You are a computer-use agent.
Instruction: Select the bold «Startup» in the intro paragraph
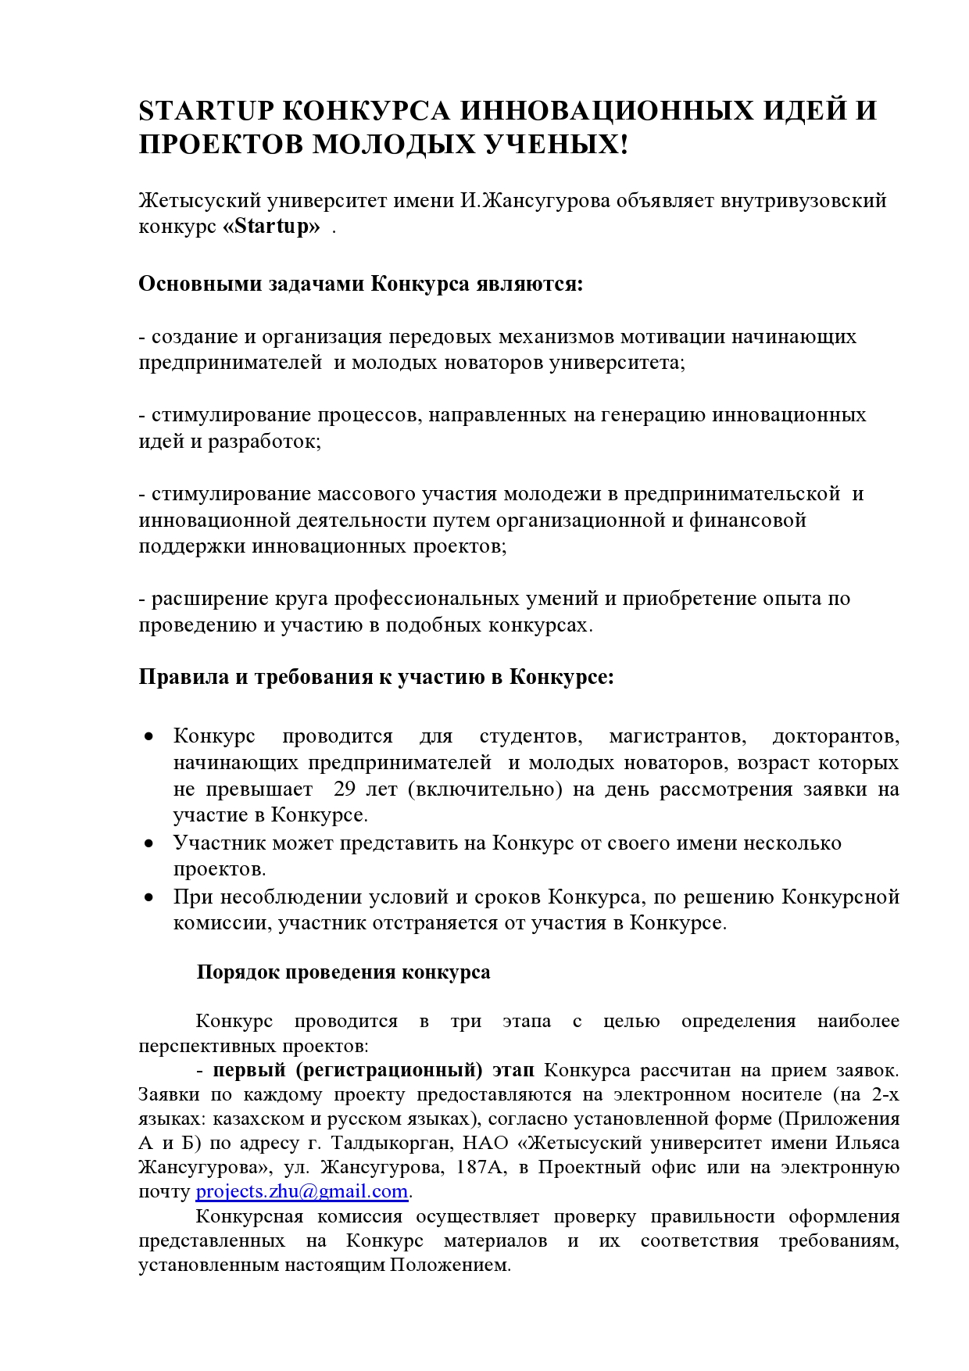(272, 227)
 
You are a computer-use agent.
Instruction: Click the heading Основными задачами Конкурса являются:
(361, 284)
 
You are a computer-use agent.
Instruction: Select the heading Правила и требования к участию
(376, 677)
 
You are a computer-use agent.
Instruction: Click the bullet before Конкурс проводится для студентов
(148, 736)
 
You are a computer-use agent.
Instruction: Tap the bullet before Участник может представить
(148, 843)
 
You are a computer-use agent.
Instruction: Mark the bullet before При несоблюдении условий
(148, 897)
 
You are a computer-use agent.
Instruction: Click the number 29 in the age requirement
(345, 789)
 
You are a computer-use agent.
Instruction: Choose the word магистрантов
(677, 736)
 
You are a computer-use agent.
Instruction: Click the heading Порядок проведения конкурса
(344, 972)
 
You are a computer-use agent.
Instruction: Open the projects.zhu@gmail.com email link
(302, 1192)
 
